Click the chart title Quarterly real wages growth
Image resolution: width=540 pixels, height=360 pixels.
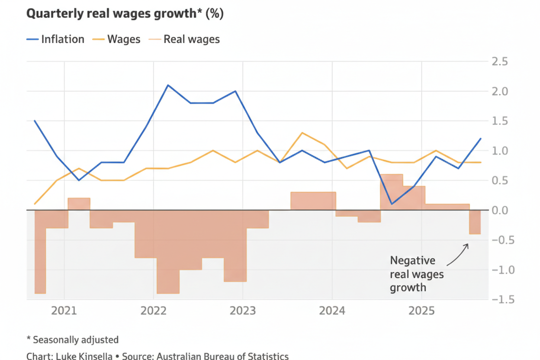(125, 13)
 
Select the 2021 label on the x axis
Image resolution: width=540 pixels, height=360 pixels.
(64, 311)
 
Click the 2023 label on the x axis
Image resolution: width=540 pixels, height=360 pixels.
(242, 311)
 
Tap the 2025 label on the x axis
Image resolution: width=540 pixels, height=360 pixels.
(421, 311)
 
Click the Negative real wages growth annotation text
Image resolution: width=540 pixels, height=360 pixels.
(416, 274)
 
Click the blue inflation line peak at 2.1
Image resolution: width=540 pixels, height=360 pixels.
(168, 85)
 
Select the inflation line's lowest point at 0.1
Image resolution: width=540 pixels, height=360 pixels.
(391, 204)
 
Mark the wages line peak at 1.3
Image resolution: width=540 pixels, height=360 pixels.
(302, 133)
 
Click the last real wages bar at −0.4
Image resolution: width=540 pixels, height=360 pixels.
(475, 222)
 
